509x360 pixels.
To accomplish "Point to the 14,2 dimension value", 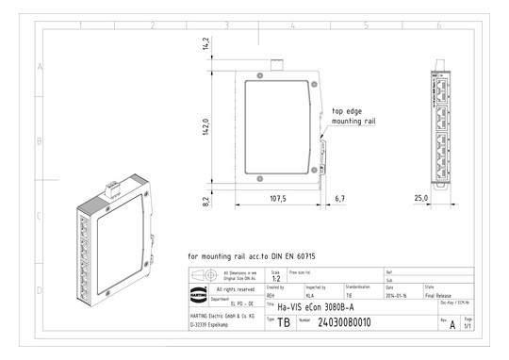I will coord(205,43).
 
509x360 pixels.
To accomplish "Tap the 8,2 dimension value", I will coord(205,200).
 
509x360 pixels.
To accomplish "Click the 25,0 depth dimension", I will coord(421,197).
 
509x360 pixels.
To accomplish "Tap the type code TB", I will coord(284,323).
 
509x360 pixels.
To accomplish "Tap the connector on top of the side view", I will coord(278,66).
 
